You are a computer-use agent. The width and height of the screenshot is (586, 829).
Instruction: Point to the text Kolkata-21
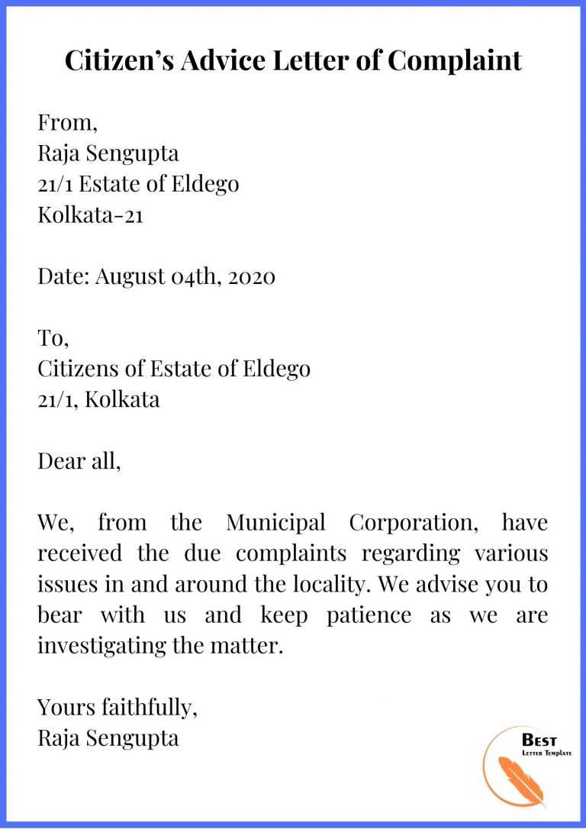pyautogui.click(x=91, y=215)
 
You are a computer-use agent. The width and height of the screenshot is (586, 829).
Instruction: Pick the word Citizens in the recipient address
pyautogui.click(x=79, y=369)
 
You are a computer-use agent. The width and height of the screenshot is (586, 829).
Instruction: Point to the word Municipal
pyautogui.click(x=275, y=523)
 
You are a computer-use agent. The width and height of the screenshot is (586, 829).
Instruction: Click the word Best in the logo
pyautogui.click(x=539, y=740)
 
